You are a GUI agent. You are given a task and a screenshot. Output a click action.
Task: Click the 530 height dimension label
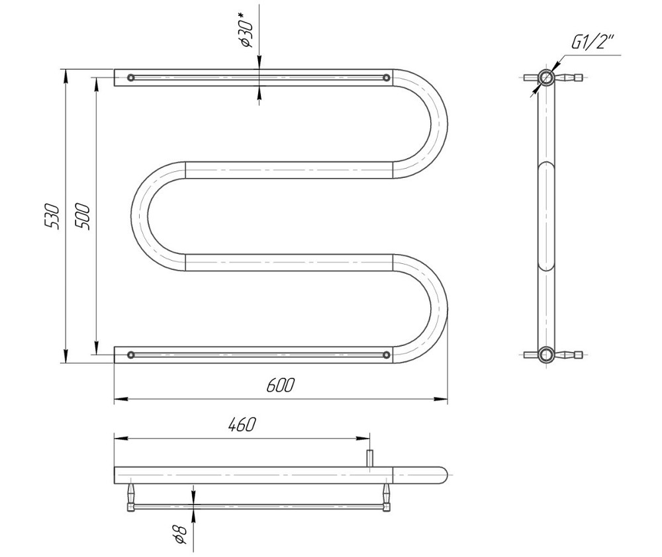pos(52,216)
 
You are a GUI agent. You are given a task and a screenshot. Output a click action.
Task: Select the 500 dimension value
pos(82,216)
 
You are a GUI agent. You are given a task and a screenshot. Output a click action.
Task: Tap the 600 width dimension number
pos(280,385)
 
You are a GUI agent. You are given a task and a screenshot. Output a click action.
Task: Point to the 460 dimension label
pos(242,425)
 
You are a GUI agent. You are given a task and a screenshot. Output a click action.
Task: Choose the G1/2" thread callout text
pos(592,42)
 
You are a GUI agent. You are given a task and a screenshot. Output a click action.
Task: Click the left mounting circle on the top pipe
pos(131,77)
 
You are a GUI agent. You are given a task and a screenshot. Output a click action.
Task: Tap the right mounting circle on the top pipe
pos(387,77)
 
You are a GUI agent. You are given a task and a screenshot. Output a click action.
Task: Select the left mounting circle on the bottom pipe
pos(131,355)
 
